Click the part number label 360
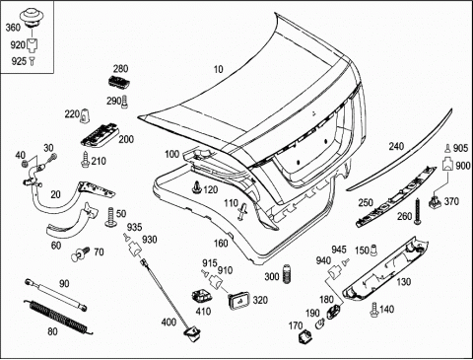pos(13,28)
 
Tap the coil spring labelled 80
pos(59,318)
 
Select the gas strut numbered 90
pos(56,294)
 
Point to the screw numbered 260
pos(418,211)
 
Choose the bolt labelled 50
pos(110,217)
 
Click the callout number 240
pos(396,146)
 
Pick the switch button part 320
pos(238,300)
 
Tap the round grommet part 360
pos(33,18)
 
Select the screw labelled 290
pos(125,102)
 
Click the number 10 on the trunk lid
pos(219,69)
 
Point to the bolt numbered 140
pos(374,310)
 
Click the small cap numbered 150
pos(373,251)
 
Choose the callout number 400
pos(169,322)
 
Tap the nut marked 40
pos(25,163)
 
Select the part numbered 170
pos(305,336)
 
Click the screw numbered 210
pos(85,160)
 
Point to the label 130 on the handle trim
pos(403,282)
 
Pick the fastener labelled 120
pos(197,187)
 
